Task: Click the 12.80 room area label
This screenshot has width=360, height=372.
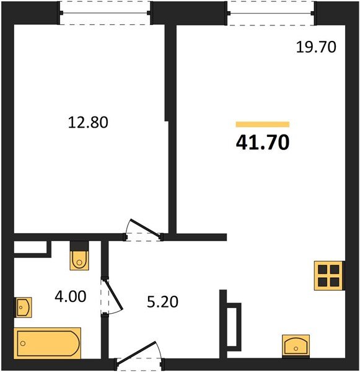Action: click(88, 123)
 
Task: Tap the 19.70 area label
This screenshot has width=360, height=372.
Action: click(315, 46)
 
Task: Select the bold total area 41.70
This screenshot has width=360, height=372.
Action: click(262, 143)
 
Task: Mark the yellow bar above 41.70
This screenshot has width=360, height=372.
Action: click(262, 124)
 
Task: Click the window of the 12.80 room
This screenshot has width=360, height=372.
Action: click(105, 13)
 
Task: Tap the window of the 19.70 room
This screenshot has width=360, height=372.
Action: click(271, 13)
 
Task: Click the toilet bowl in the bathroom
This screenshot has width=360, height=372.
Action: click(80, 260)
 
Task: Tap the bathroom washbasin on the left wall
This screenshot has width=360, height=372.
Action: click(23, 306)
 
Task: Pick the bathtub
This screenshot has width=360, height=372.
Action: click(47, 342)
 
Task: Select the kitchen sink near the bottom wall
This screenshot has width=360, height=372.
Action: click(295, 345)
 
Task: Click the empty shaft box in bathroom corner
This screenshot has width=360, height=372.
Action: click(30, 249)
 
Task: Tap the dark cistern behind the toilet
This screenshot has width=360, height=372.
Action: click(80, 244)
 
